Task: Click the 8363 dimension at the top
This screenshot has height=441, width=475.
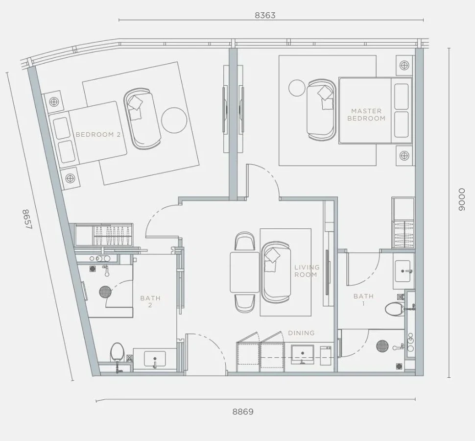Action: coord(265,16)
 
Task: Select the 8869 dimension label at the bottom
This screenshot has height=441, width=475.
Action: coord(243,412)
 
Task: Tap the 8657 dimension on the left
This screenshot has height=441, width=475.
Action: coord(26,220)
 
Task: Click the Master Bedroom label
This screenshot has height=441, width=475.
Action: coord(366,115)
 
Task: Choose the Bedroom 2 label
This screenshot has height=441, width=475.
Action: coord(98,134)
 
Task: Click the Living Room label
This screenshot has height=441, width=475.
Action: coord(307,271)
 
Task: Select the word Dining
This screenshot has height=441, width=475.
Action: coord(301,333)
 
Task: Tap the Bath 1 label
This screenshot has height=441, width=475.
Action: coord(363,299)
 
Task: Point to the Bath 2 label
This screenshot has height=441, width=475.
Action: coord(150,301)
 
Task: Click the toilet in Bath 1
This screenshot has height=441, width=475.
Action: coord(394,309)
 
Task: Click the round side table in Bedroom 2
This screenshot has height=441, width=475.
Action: coord(174,120)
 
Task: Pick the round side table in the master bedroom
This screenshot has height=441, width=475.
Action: coord(297,88)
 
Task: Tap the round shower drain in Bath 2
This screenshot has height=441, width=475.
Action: coord(105,292)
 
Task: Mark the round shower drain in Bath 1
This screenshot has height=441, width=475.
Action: coord(382,346)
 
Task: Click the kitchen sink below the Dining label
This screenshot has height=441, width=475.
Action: coord(302,354)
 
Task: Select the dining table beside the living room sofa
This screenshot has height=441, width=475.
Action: coord(244,272)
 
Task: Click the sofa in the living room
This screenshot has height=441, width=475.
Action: coord(276,272)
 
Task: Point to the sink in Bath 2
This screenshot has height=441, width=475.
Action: coord(155,360)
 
